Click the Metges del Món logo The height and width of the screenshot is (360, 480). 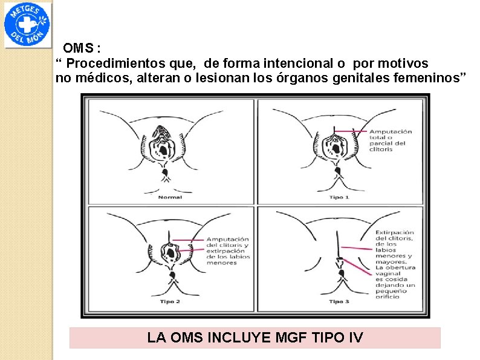(28, 25)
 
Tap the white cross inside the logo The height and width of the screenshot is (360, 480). (26, 25)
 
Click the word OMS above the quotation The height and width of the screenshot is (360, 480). (79, 48)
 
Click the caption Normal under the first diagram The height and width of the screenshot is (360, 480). (170, 197)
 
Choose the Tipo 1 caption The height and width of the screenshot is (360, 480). (339, 197)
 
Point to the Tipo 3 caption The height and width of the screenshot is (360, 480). (339, 301)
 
